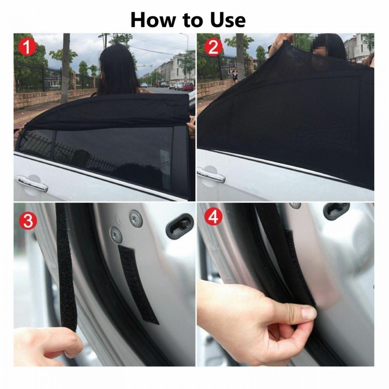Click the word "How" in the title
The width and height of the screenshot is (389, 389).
(152, 19)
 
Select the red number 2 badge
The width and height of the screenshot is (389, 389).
(213, 47)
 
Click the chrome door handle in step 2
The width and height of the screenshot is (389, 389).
(210, 175)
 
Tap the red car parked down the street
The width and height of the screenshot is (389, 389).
(188, 86)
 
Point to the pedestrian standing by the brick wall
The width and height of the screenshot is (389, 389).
(234, 74)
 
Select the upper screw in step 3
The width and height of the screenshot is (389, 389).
(136, 219)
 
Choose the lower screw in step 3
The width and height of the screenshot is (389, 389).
(116, 235)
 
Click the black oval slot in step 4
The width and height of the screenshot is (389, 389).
(336, 210)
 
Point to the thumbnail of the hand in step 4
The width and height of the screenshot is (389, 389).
(309, 313)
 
